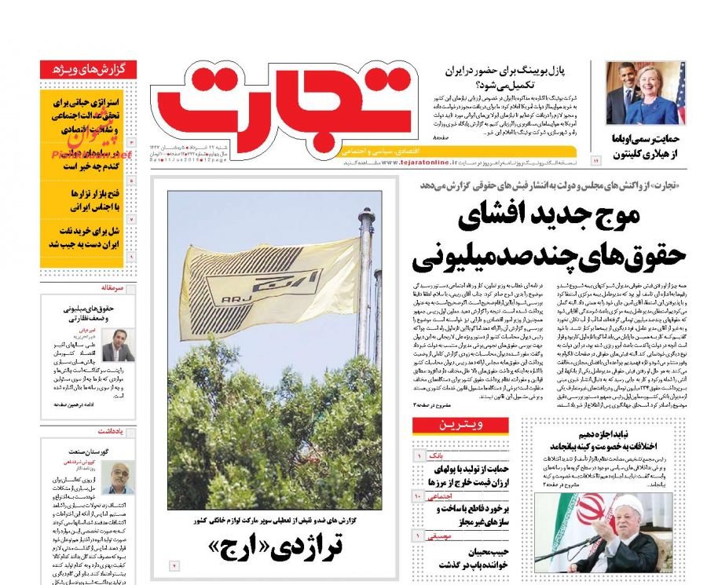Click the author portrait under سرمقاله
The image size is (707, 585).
(x=118, y=346)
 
